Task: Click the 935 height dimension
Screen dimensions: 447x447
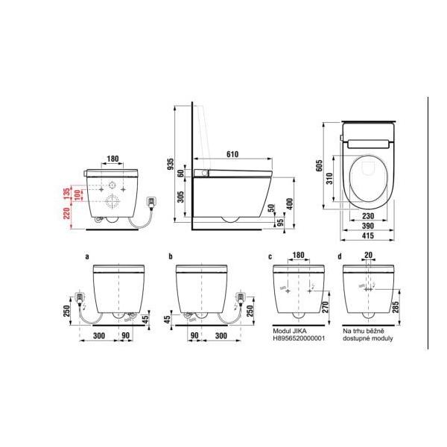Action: pos(170,164)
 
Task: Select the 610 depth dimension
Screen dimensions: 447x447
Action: pos(232,154)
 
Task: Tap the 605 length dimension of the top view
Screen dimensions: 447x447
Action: pos(320,165)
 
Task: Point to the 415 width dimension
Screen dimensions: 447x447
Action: pos(368,235)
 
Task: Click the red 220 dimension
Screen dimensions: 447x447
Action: pos(66,213)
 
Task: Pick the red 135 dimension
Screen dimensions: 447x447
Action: pos(66,194)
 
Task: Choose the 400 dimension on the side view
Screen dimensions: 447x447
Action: pos(289,204)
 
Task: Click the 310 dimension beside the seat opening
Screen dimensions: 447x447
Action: pos(329,179)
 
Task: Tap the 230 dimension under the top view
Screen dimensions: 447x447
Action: pos(368,216)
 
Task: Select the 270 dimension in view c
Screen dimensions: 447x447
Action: pos(326,307)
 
